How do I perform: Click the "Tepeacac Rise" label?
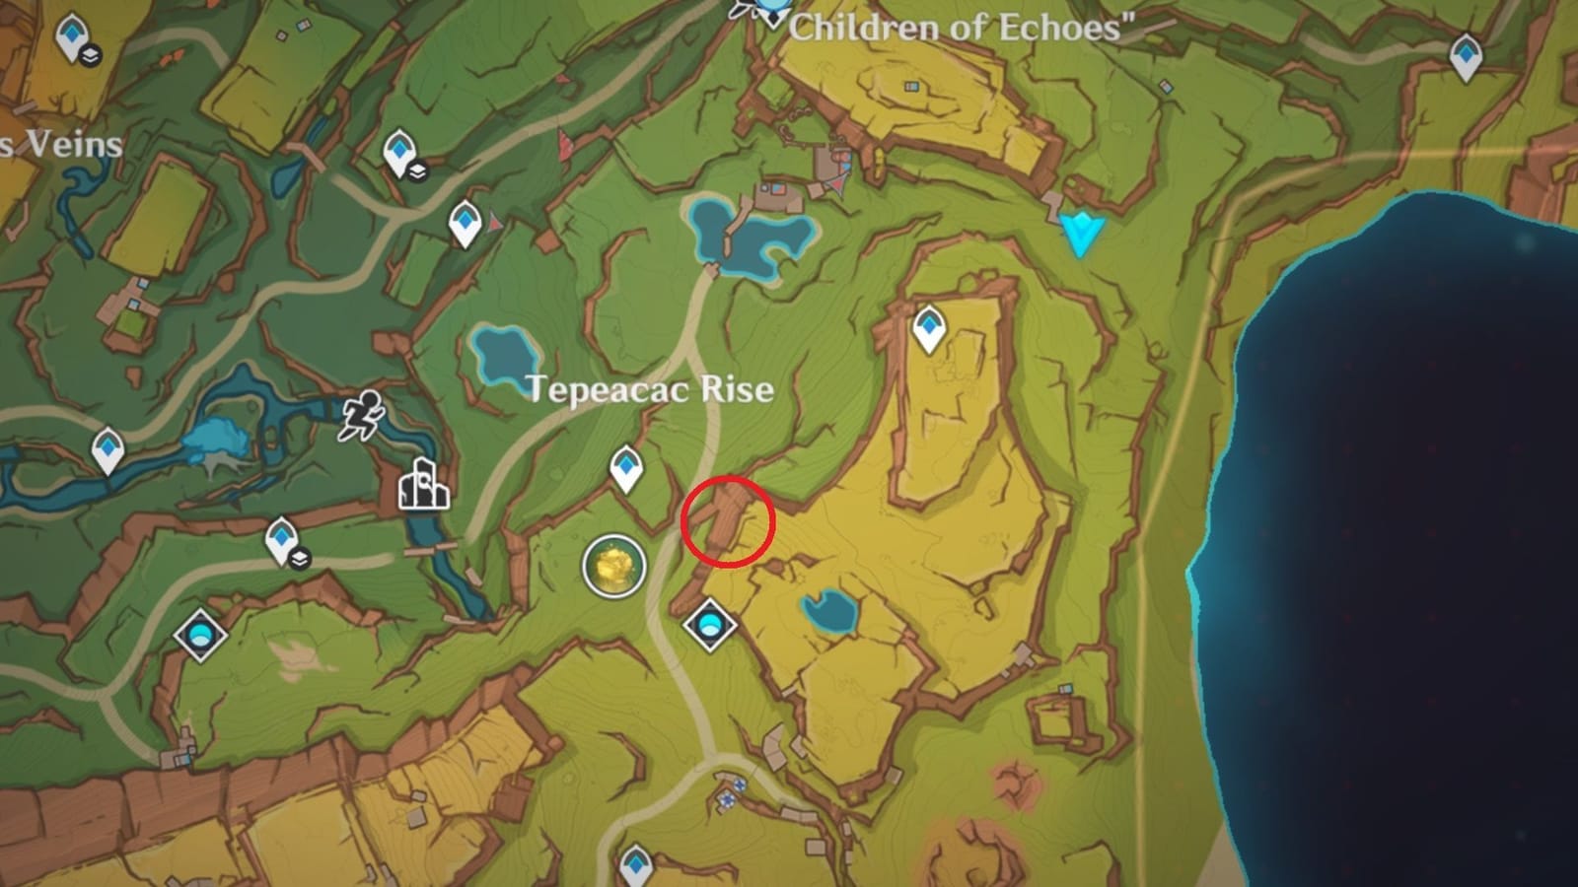click(650, 389)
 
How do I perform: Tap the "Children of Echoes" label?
click(962, 27)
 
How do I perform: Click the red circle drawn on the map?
click(728, 521)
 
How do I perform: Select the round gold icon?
click(613, 566)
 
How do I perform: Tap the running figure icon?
click(362, 415)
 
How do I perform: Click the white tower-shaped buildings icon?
click(423, 484)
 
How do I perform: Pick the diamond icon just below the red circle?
click(710, 625)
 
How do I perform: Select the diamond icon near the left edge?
click(201, 634)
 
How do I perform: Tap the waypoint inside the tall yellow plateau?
click(928, 328)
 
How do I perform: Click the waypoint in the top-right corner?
click(1467, 56)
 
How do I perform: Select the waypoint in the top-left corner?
click(72, 37)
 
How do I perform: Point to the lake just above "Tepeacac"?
click(505, 353)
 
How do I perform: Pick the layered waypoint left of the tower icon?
click(283, 540)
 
